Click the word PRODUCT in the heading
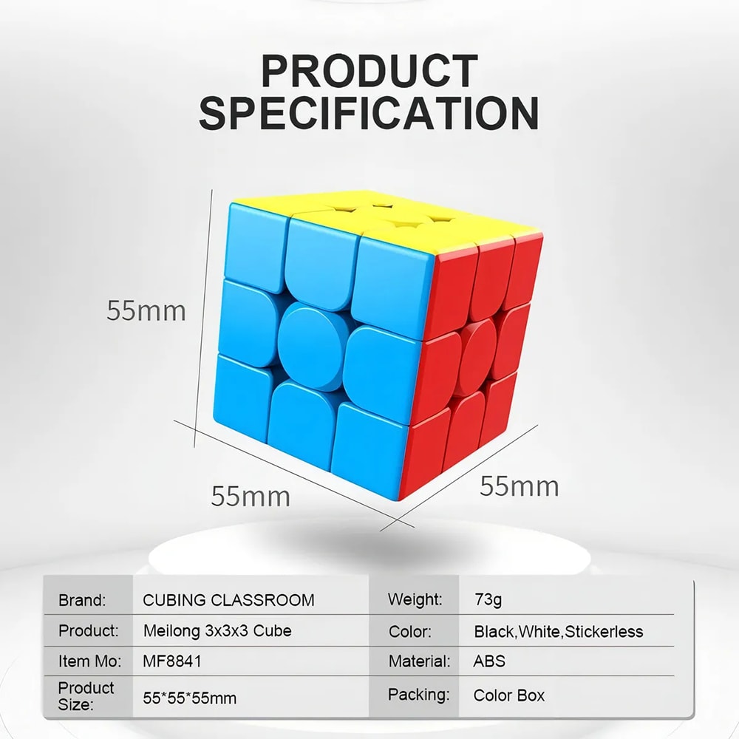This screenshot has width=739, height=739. point(369,71)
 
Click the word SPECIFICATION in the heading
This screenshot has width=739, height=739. point(369,113)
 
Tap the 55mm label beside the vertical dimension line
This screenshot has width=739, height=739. point(146,310)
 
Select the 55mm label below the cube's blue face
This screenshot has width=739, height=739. point(251,496)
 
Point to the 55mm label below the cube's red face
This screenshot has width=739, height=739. point(520,486)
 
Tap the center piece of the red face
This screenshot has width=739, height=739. point(477,357)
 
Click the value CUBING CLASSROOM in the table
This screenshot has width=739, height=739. point(228,600)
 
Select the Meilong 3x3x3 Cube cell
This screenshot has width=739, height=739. point(217,630)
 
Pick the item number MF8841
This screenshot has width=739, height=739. point(172,661)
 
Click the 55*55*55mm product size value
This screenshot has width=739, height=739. point(189,698)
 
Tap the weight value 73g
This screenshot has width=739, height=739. point(488,599)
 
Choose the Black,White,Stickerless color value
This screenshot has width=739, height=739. point(559,632)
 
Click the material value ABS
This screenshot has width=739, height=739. point(489,661)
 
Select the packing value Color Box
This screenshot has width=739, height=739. point(509,695)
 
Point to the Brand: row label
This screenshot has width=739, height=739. point(82,600)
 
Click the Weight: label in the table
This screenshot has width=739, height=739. point(415,599)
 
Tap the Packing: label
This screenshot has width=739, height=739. point(418,695)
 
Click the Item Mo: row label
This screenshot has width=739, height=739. point(89,661)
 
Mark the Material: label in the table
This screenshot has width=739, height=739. point(419,661)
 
